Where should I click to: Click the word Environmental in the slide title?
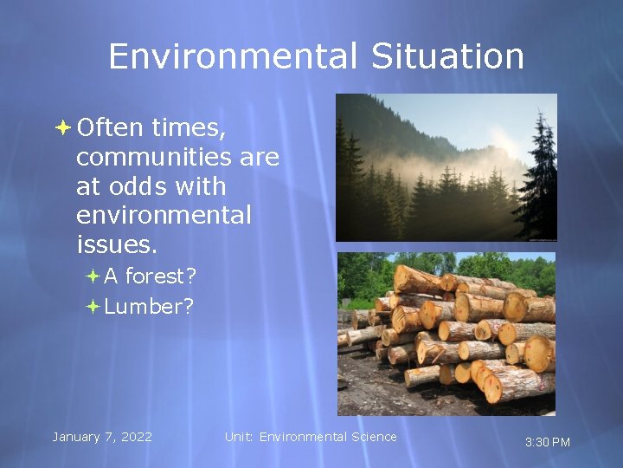[x=233, y=57]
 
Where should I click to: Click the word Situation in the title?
[x=447, y=57]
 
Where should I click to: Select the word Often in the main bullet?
[x=110, y=127]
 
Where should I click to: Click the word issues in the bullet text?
[x=117, y=245]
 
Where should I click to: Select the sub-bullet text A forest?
[x=150, y=276]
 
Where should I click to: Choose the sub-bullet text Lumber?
[x=148, y=306]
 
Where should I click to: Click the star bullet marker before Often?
[x=61, y=128]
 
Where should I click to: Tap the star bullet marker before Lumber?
[x=93, y=307]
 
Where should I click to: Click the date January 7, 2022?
[x=101, y=437]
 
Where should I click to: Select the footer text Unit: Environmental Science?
[x=311, y=437]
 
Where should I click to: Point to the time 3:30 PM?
[x=548, y=442]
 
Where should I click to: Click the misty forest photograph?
[x=446, y=167]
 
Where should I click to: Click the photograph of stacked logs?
[x=446, y=334]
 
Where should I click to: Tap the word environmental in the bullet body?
[x=164, y=215]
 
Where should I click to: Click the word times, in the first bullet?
[x=189, y=127]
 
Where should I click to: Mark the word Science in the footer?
[x=375, y=437]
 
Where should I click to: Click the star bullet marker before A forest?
[x=93, y=277]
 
